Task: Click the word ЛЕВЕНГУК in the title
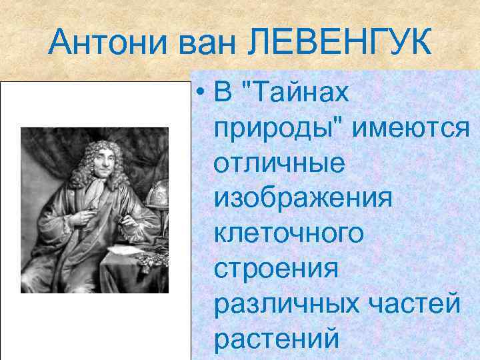pyautogui.click(x=339, y=43)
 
